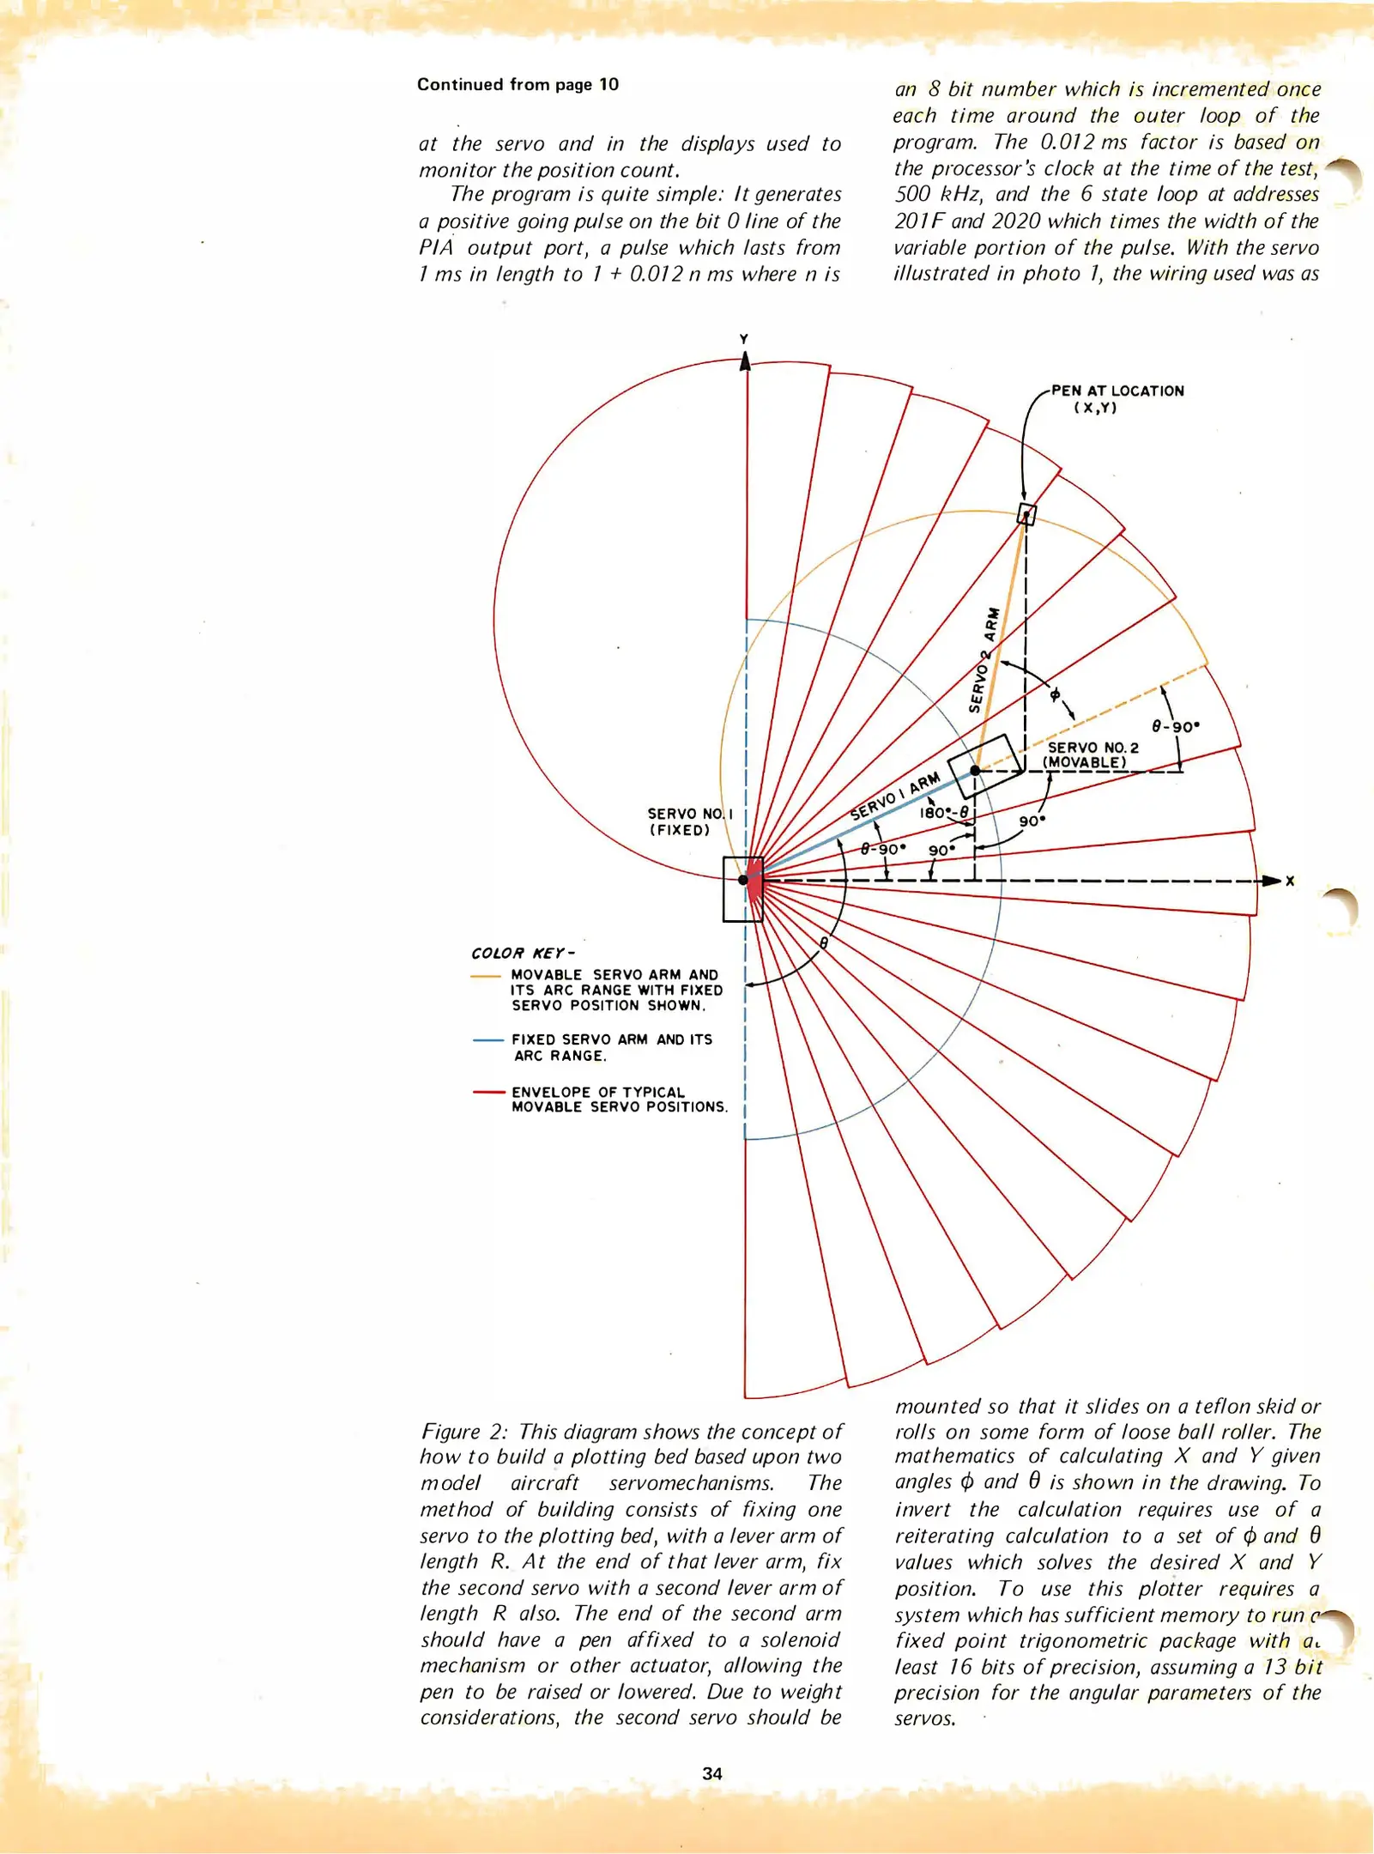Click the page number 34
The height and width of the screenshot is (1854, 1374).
pos(711,1773)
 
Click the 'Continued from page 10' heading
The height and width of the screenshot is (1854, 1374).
pos(518,84)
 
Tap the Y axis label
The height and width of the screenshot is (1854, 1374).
pos(744,339)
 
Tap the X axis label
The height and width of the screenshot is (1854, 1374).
pos(1289,881)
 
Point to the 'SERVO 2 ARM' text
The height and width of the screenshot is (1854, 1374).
pos(984,659)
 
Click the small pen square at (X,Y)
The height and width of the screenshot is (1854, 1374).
pos(1026,514)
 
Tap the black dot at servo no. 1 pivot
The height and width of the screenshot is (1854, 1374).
pos(743,880)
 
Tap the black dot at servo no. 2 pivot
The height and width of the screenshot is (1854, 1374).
pos(975,770)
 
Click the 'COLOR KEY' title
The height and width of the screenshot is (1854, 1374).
pos(522,954)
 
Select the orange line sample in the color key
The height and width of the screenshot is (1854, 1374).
pos(486,976)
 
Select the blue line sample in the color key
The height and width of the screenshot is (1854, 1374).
pos(487,1040)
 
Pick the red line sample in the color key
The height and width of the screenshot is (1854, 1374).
pos(487,1093)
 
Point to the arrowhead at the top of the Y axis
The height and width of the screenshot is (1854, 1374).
pos(745,361)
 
